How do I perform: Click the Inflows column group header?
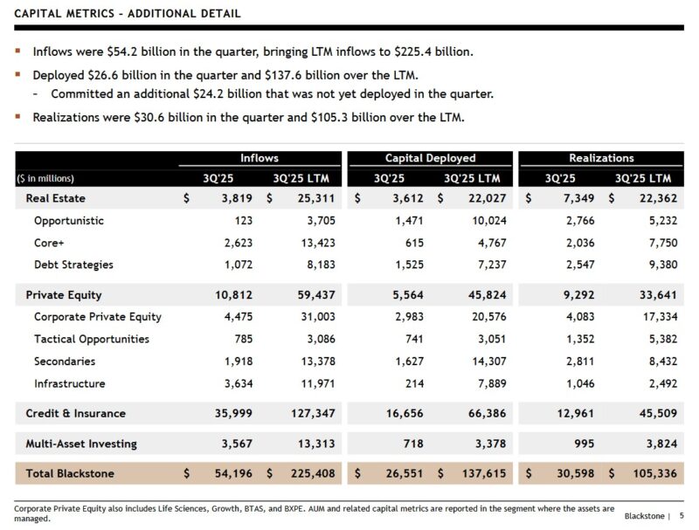click(260, 158)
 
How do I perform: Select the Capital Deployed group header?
click(430, 158)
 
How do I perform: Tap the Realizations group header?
click(601, 158)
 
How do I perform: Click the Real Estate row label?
click(55, 198)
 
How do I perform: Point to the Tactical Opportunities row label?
click(92, 339)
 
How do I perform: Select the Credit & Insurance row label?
click(75, 413)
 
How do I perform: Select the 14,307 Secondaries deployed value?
click(488, 361)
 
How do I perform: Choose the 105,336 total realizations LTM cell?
click(655, 473)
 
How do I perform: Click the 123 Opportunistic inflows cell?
click(242, 221)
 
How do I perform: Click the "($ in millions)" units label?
click(51, 178)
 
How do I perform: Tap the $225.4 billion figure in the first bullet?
click(430, 52)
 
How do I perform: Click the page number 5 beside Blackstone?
click(682, 516)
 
